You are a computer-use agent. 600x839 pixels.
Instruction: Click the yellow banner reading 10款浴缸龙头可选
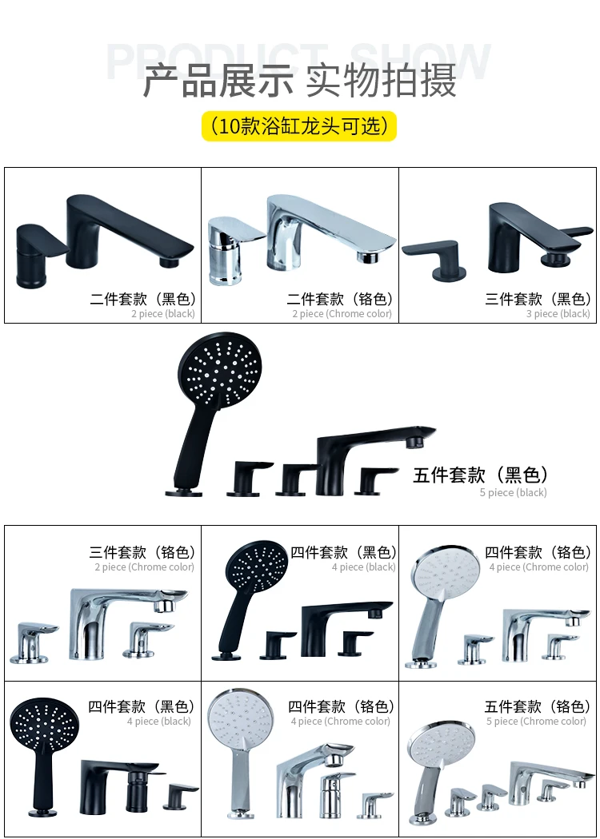(x=299, y=126)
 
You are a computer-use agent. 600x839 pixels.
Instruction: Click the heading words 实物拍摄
(x=382, y=81)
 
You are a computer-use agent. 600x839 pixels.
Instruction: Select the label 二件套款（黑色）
(x=142, y=300)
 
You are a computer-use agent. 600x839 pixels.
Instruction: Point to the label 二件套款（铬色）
(x=340, y=300)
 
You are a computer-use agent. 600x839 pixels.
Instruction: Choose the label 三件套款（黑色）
(x=538, y=300)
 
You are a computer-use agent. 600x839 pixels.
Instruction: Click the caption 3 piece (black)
(x=558, y=314)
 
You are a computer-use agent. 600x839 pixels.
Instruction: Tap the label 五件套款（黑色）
(x=480, y=475)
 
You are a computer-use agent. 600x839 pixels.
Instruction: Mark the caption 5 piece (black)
(x=513, y=493)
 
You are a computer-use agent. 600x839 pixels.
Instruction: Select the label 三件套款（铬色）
(x=142, y=552)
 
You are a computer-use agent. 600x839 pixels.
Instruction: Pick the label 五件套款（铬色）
(x=538, y=706)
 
